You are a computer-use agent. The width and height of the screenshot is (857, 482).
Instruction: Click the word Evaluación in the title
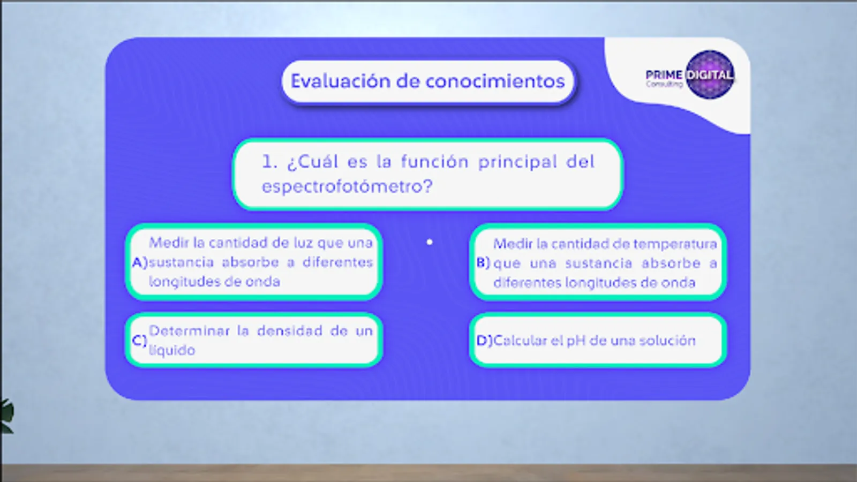coord(340,81)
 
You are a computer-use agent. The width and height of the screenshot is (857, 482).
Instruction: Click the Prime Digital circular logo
coord(710,75)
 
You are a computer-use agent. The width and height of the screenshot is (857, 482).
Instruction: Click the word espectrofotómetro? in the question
coord(347,186)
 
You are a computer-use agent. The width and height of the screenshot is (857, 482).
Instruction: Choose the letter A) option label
coord(140,262)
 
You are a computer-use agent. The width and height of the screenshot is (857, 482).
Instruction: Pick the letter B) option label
coord(483,263)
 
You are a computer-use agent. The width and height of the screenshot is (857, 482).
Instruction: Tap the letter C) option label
coord(139,341)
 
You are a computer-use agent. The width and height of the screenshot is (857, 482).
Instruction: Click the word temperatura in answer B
coord(675,244)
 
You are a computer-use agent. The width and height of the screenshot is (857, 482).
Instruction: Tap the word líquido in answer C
coord(172,350)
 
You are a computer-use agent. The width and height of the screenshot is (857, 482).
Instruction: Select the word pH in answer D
coord(576,341)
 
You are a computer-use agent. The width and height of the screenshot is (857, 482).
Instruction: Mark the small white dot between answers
coord(430,242)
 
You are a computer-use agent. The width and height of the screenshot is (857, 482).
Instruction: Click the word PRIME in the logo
coord(664,74)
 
